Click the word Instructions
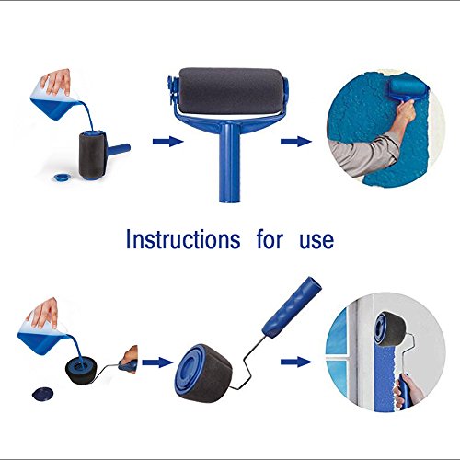[x=183, y=239]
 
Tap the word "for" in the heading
[x=270, y=239]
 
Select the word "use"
[x=316, y=241]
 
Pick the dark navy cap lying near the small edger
[x=42, y=393]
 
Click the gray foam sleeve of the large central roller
[x=231, y=91]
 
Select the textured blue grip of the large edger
[x=293, y=306]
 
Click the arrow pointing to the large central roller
[x=167, y=142]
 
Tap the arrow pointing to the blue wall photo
[x=296, y=142]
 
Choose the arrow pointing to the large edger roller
[x=157, y=362]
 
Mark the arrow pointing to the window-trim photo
[x=296, y=362]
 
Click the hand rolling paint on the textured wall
[x=407, y=112]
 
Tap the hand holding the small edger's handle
[x=129, y=358]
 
